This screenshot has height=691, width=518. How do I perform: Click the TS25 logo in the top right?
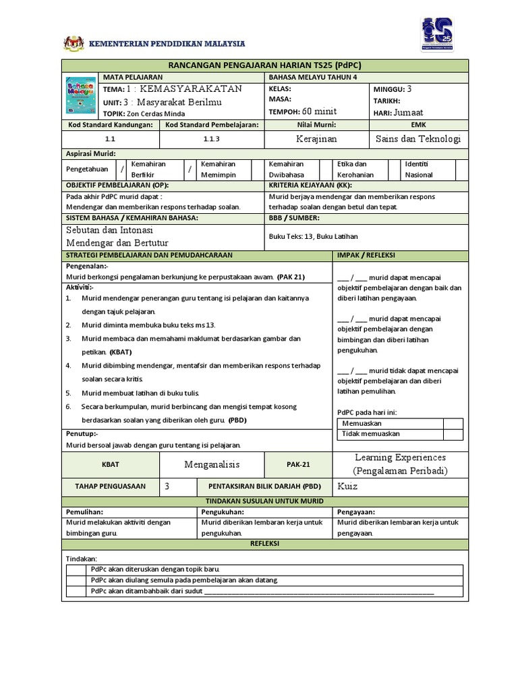point(436,33)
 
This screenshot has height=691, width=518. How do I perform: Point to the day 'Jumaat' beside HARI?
point(409,112)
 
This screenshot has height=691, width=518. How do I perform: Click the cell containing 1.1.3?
point(212,138)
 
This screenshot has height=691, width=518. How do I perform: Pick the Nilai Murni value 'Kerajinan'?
point(317,138)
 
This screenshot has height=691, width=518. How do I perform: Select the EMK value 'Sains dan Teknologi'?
point(418,138)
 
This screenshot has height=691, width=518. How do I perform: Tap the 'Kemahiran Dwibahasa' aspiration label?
point(287,169)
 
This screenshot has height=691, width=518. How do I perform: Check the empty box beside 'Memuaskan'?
point(453,424)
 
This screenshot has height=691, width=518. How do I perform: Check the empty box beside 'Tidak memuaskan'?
point(453,435)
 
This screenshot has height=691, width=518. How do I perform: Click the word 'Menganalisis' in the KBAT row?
point(212,464)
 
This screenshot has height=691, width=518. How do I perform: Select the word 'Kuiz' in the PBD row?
point(348,487)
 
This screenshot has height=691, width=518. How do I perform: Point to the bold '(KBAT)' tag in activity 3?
point(121,352)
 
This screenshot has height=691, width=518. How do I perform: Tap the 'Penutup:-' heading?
point(82,433)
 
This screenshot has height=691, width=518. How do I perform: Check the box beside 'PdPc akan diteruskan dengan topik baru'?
point(77,569)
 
